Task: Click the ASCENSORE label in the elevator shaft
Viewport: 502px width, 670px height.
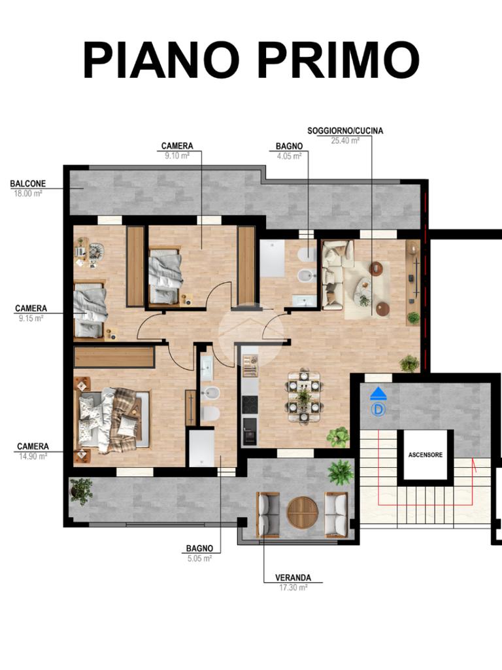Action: pyautogui.click(x=425, y=455)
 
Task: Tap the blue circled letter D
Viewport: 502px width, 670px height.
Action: pyautogui.click(x=378, y=410)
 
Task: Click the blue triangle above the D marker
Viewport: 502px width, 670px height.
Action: pyautogui.click(x=378, y=393)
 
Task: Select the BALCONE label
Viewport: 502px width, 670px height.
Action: pyautogui.click(x=28, y=183)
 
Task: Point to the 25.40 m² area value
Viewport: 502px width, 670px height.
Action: pyautogui.click(x=345, y=140)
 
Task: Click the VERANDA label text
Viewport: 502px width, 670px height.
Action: pyautogui.click(x=293, y=578)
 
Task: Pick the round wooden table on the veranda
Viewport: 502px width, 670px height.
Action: pyautogui.click(x=302, y=512)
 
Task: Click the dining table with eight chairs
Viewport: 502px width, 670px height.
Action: pyautogui.click(x=304, y=397)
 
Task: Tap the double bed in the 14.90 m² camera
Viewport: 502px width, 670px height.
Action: pyautogui.click(x=112, y=421)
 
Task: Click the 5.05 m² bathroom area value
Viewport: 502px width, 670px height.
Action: pyautogui.click(x=199, y=558)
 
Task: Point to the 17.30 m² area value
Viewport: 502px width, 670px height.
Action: pyautogui.click(x=293, y=588)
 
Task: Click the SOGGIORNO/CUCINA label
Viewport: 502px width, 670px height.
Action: pyautogui.click(x=345, y=131)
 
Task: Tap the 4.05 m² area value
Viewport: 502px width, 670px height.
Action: pyautogui.click(x=289, y=156)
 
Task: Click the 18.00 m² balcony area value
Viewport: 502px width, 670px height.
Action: pyautogui.click(x=27, y=193)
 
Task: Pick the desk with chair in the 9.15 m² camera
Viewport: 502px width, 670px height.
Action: pyautogui.click(x=89, y=253)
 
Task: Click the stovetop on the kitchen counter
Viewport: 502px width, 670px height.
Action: pyautogui.click(x=250, y=404)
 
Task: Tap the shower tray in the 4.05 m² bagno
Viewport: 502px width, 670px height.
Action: pyautogui.click(x=271, y=258)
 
